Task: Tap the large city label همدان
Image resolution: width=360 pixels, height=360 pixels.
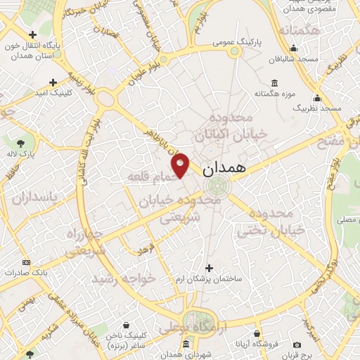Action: [x=223, y=171]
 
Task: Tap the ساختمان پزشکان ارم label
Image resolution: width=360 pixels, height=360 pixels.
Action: [x=209, y=279]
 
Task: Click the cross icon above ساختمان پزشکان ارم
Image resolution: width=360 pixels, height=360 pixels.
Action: [x=209, y=267]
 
